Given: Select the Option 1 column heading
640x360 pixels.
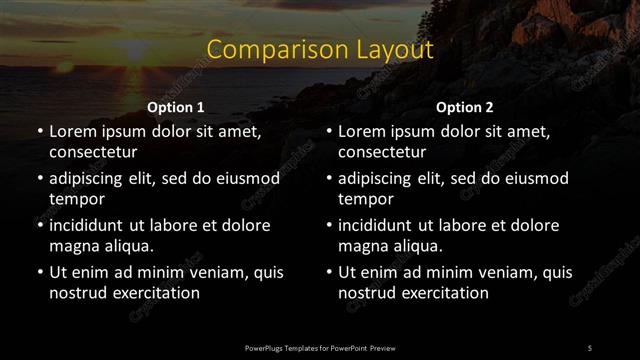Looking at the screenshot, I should [176, 107].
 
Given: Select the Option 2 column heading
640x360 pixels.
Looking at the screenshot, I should [465, 107].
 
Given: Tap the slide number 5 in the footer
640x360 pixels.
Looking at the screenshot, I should [589, 347].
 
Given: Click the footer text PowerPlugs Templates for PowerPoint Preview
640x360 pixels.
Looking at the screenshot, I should [320, 347].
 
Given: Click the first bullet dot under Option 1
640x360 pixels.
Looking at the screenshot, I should [39, 131].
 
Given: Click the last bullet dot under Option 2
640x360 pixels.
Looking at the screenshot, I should [329, 272].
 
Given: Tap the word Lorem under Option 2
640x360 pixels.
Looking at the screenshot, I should [362, 131].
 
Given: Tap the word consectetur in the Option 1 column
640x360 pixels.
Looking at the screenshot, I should [93, 152].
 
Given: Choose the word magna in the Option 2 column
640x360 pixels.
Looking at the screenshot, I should [363, 246].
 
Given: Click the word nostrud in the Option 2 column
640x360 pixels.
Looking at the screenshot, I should [369, 293].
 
